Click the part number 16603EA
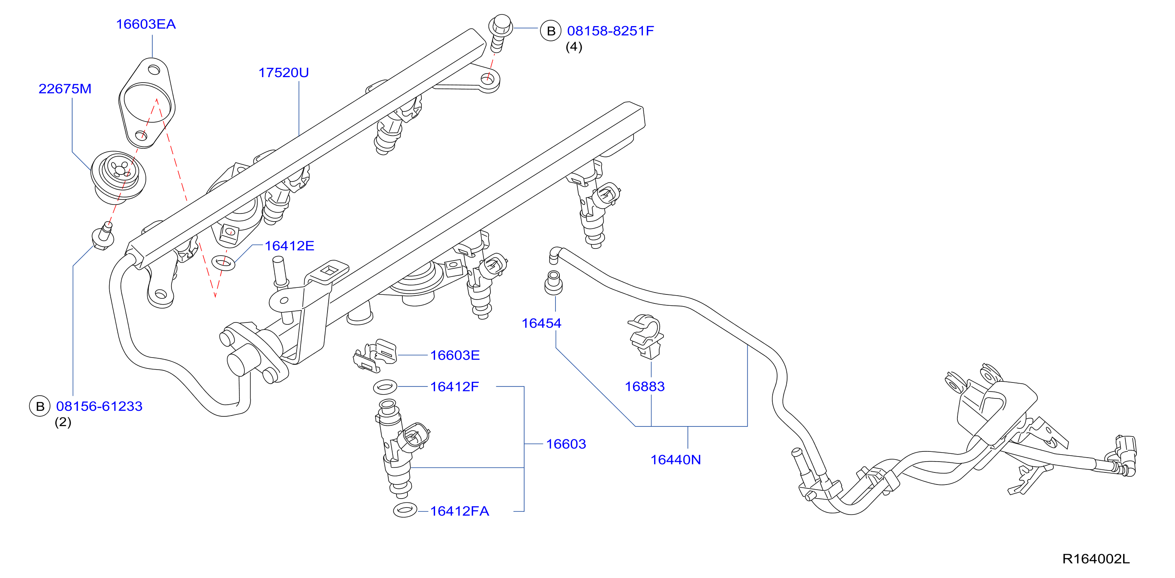(x=145, y=24)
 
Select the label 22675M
(x=65, y=88)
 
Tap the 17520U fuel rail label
(x=283, y=72)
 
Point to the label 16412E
(x=289, y=246)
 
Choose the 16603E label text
(x=455, y=355)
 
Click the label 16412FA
(x=459, y=511)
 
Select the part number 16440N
(x=675, y=460)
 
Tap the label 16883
(x=644, y=386)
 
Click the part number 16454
(x=541, y=323)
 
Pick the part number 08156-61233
(x=99, y=406)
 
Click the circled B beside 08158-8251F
(x=550, y=31)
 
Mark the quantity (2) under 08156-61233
(x=63, y=422)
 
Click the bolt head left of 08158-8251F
(x=501, y=25)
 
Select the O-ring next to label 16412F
(x=385, y=387)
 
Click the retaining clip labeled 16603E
(x=375, y=355)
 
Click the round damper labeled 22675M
(x=119, y=177)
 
